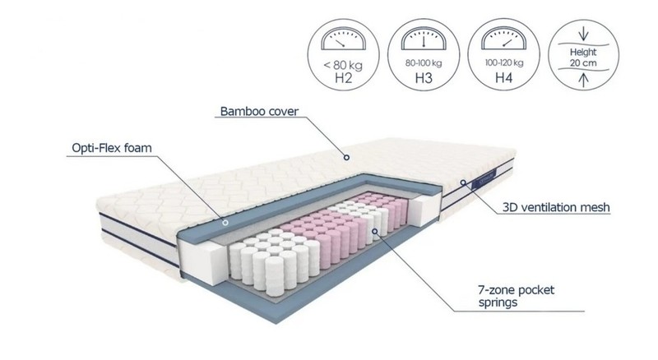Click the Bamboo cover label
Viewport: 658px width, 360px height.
click(259, 111)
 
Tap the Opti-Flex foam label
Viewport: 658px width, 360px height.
click(112, 148)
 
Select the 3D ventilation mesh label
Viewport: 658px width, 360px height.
click(556, 207)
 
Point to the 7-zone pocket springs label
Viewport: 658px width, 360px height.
click(517, 296)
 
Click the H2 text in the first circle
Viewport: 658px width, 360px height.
click(343, 78)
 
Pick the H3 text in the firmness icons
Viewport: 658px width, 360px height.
click(424, 78)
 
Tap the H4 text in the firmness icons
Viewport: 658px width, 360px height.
click(503, 77)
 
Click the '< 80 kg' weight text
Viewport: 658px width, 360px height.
click(343, 65)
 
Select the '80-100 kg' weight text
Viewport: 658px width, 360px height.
click(424, 63)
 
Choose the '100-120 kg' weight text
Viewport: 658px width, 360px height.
click(504, 63)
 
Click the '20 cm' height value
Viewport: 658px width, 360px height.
click(583, 63)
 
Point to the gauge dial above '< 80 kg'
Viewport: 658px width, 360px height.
click(343, 39)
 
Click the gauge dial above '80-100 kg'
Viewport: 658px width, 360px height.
click(424, 39)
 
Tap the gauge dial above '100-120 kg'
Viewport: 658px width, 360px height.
click(503, 39)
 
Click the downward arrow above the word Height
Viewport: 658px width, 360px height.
click(583, 34)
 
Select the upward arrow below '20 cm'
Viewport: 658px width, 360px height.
click(583, 80)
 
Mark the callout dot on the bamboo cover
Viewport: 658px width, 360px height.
click(346, 157)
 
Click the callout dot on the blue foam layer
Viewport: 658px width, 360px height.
click(225, 223)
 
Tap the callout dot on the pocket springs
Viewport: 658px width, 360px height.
click(375, 231)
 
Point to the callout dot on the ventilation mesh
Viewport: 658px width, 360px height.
click(463, 182)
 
